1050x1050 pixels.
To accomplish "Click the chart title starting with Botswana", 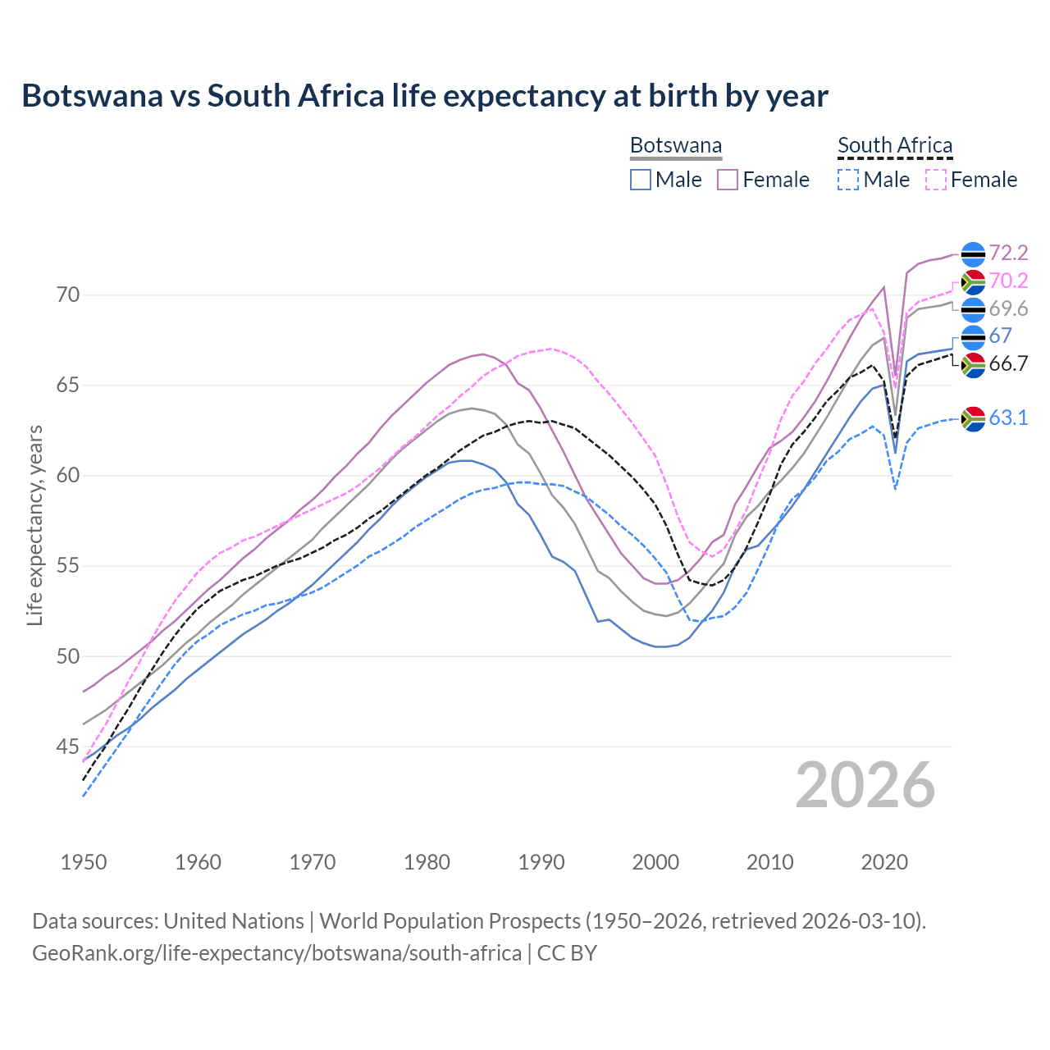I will tap(425, 96).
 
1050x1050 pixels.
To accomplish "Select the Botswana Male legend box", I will tap(641, 180).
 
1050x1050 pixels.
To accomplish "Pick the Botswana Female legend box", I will tap(728, 180).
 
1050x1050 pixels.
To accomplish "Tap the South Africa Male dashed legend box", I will tap(848, 180).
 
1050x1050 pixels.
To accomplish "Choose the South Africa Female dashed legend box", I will tap(936, 180).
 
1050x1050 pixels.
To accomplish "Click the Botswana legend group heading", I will tap(676, 146).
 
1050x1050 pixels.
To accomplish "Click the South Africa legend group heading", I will tap(895, 146).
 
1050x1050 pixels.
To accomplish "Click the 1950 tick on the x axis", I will tap(84, 862).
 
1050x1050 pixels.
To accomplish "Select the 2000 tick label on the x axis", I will tap(655, 862).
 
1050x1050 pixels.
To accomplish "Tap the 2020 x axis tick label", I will tap(884, 862).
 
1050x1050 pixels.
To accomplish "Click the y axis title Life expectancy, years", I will tap(34, 525).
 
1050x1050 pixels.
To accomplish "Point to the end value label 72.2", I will tap(1008, 253).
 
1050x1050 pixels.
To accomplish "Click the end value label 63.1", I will tap(1008, 418).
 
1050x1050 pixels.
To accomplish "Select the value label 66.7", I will tap(1008, 364).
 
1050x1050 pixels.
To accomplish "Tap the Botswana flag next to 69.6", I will tap(973, 309).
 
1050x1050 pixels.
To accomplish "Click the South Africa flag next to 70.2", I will tap(973, 281).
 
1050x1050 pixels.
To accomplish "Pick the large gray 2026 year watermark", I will tap(865, 786).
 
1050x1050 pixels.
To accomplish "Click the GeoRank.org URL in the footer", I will tap(276, 953).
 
